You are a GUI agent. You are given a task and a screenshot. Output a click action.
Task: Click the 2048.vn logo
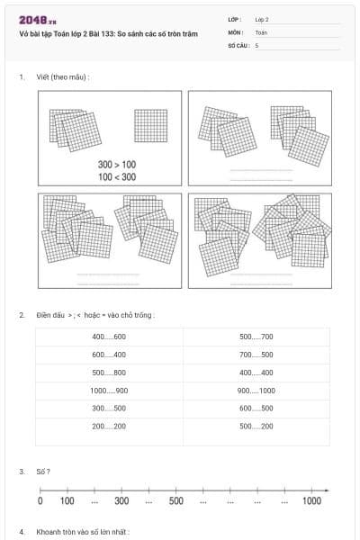tap(37, 21)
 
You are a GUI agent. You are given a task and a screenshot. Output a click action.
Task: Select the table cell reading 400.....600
tap(109, 337)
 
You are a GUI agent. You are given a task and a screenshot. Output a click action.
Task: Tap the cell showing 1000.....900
tap(109, 391)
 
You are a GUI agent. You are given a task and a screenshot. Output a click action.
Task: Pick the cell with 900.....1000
tap(256, 391)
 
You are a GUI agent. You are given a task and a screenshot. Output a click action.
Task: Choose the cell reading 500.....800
tap(109, 373)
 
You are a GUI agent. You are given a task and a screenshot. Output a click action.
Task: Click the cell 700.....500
tap(256, 355)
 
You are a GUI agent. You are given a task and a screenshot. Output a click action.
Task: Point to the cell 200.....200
tap(109, 426)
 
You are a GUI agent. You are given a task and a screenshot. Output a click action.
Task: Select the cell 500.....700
tap(256, 337)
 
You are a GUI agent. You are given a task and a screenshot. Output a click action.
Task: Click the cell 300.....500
tap(109, 408)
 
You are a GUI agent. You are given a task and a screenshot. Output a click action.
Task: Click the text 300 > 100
tap(117, 165)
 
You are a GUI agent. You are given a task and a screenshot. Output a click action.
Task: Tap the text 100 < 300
tap(117, 177)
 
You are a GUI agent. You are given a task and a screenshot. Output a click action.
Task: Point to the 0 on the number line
tap(40, 501)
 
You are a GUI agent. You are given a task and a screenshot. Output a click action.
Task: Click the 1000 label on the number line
tap(311, 501)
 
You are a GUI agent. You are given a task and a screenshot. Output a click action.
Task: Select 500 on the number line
tap(176, 501)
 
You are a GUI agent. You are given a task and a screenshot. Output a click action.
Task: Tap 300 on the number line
tap(122, 501)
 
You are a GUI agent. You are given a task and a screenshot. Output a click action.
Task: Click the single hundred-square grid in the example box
tap(150, 125)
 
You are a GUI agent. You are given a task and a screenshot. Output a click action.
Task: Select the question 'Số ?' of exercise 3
tap(42, 472)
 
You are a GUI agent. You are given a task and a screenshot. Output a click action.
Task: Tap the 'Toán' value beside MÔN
tap(262, 31)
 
